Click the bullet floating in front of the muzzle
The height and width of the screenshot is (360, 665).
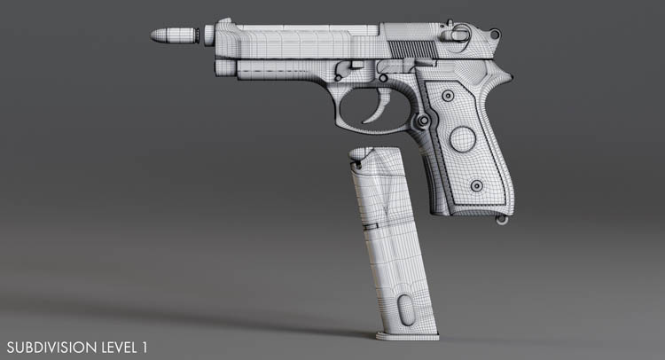(175, 35)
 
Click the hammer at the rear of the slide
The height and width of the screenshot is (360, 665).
(495, 33)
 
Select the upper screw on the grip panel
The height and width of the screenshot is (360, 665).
(448, 96)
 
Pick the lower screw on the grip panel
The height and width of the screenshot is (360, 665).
(477, 185)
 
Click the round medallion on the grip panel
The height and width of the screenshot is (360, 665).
(462, 139)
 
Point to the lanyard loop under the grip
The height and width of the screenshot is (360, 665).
(503, 220)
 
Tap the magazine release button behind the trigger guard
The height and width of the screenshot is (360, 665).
(423, 121)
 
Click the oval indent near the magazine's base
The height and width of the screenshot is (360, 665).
(406, 310)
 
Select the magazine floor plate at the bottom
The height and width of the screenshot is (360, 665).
(407, 337)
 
